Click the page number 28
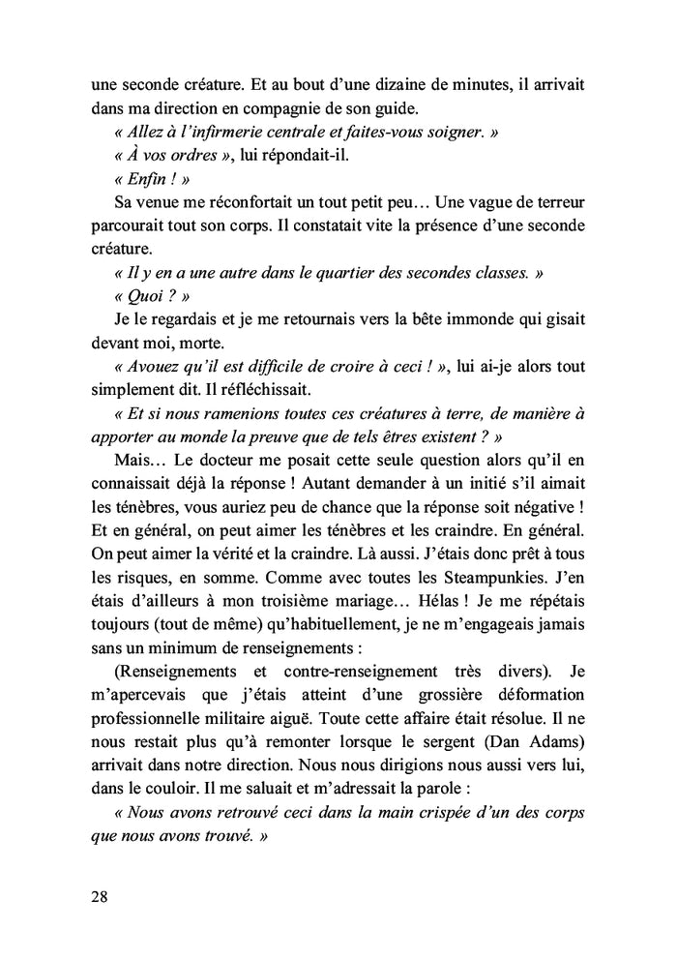pos(95,896)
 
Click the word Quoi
pos(145,298)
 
